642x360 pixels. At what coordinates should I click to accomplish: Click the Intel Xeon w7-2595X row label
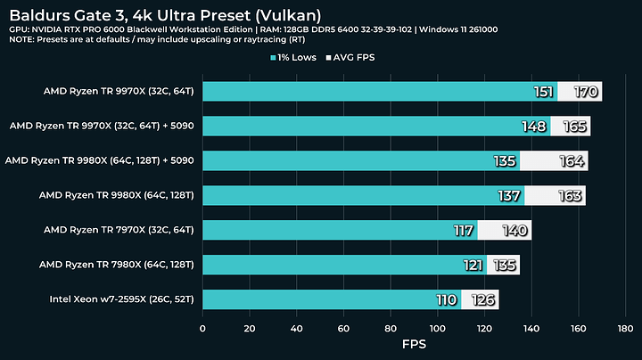(122, 299)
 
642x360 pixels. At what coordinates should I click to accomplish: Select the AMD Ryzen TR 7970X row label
(123, 229)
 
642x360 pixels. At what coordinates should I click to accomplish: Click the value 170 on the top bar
(587, 92)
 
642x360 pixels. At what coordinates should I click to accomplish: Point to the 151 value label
(543, 92)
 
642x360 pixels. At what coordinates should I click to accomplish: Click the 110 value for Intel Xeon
(446, 299)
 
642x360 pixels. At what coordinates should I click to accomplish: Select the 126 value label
(484, 299)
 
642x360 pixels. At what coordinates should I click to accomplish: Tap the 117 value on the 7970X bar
(464, 230)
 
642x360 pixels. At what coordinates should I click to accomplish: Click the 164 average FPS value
(573, 161)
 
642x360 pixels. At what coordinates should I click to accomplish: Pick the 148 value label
(535, 127)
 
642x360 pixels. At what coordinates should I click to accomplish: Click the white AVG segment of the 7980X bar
(502, 265)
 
